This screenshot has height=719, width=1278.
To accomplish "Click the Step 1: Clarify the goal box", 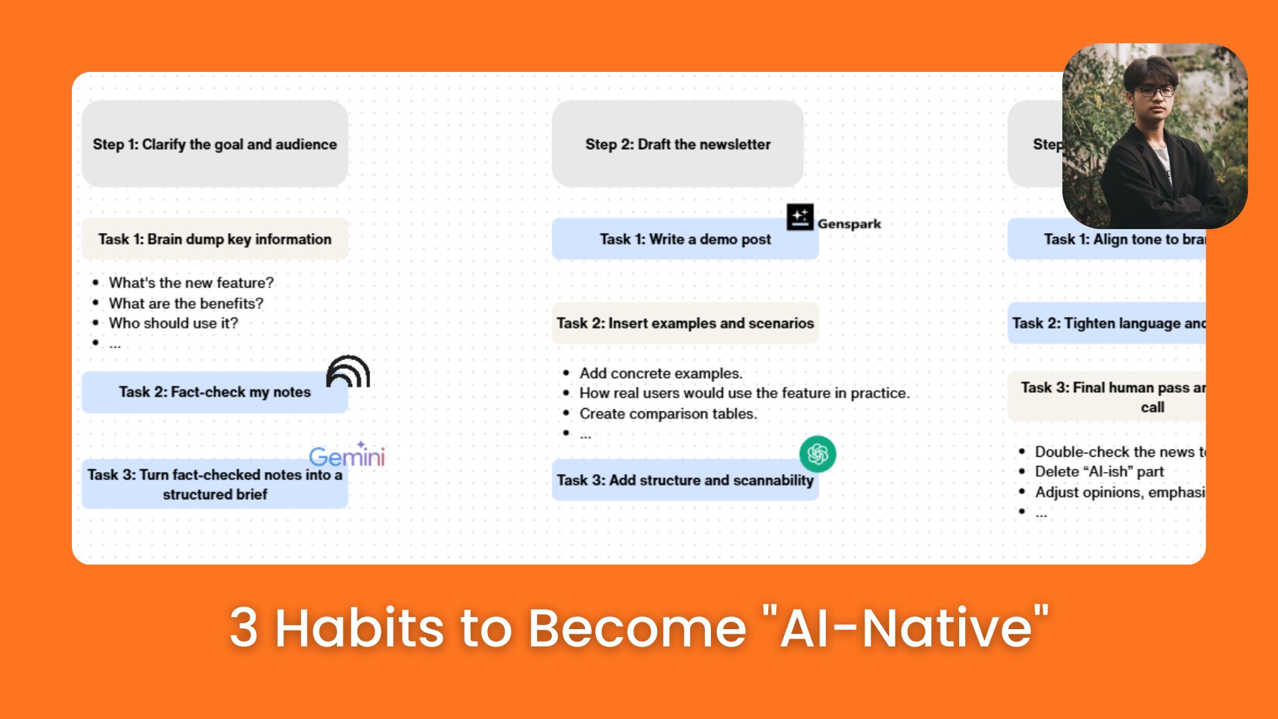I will click(214, 144).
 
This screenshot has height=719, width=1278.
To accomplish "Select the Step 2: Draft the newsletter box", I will click(678, 144).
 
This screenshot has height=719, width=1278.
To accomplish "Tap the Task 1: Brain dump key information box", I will click(214, 239).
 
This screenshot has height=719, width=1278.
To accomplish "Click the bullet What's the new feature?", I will click(191, 283).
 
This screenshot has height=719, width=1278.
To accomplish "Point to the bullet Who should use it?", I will click(173, 324).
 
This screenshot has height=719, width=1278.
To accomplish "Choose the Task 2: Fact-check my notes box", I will click(214, 392).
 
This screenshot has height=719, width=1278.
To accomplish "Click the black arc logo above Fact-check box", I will click(348, 371).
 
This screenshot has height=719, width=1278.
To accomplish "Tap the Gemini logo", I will click(347, 456).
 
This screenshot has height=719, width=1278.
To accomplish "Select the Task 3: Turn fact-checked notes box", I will click(214, 484).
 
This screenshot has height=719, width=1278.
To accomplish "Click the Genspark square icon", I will click(800, 217).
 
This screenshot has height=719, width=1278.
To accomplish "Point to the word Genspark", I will click(849, 224).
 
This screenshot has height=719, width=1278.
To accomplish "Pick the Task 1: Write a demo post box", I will click(685, 239).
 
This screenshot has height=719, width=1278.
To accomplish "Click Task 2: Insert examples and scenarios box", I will click(685, 324).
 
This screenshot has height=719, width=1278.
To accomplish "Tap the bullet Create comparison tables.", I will click(668, 414).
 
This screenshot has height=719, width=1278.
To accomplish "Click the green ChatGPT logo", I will click(817, 454).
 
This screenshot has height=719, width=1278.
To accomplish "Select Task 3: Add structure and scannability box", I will click(685, 480).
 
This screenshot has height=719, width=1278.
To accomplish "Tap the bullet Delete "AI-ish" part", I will click(1099, 472).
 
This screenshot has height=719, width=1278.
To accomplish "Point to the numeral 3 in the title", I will click(244, 628).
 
